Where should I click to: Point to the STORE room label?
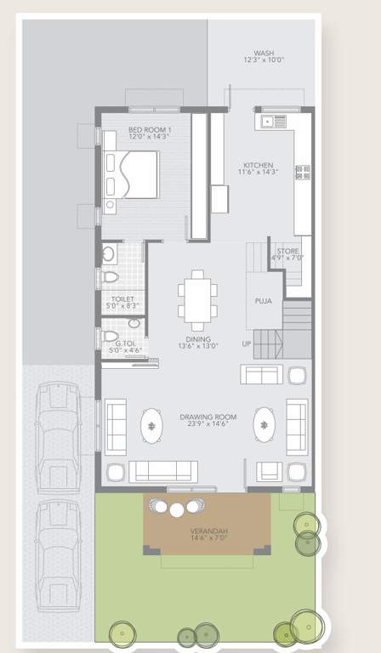coord(287,252)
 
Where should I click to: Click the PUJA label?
coord(264,301)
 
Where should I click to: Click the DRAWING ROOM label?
coord(208,417)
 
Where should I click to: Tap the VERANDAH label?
coord(208,531)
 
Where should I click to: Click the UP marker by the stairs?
coord(247,344)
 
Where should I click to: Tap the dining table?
coord(197,299)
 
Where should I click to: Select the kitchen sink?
coord(273,122)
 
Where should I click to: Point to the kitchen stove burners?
coord(303,172)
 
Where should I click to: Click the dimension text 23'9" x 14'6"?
coord(208,425)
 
